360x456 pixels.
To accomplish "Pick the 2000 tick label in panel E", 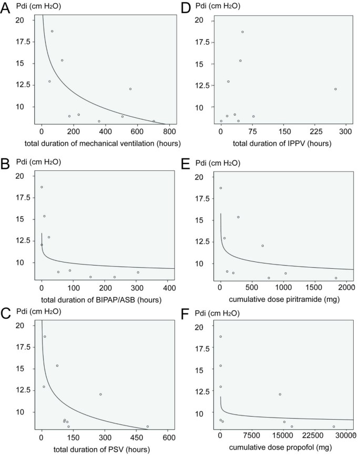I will coord(347,287).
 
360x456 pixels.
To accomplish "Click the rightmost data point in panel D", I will coord(335,89).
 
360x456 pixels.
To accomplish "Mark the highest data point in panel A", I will coord(52,31).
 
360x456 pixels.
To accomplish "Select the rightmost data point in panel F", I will coord(334,427).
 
